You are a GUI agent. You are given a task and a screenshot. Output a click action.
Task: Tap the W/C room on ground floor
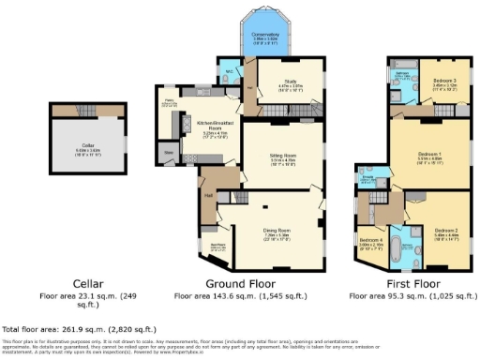coord(228,71)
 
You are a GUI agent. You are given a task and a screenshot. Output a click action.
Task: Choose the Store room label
coord(170,150)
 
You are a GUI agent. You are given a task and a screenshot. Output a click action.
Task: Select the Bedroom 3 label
coord(444,81)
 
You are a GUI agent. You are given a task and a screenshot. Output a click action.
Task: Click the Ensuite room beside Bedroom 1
coord(369,176)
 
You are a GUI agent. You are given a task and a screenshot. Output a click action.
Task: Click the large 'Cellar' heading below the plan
coord(89,282)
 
